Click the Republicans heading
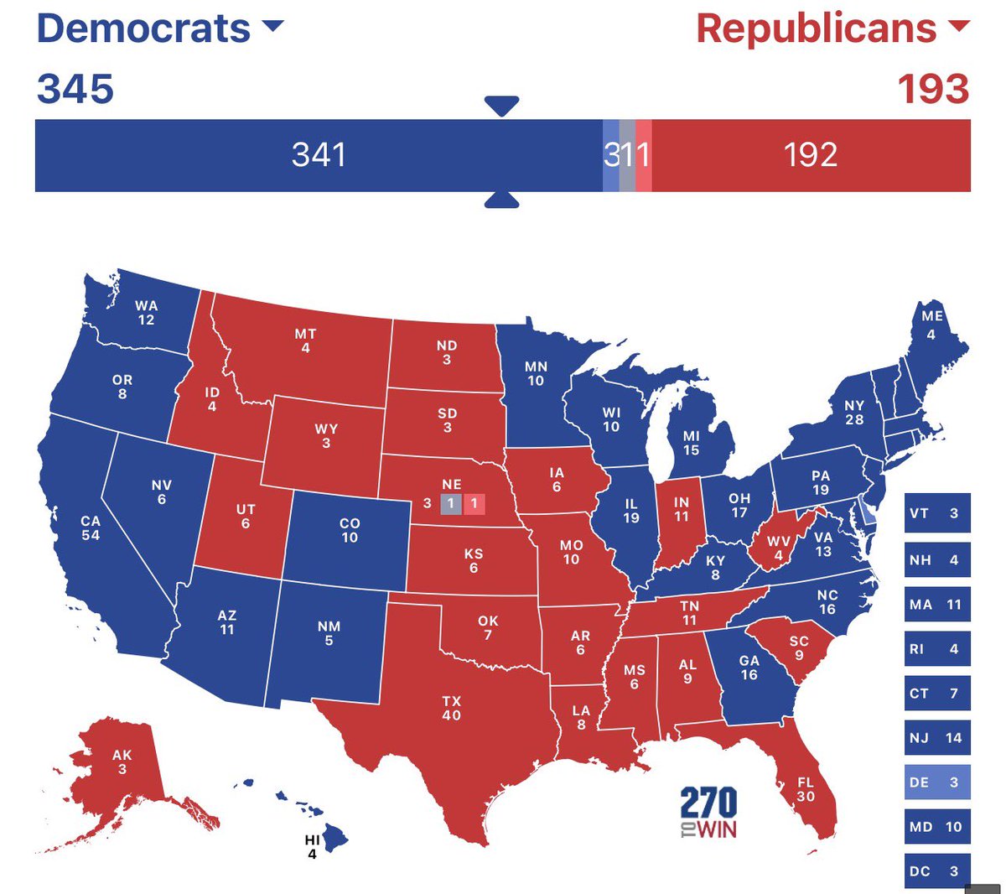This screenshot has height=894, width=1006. pos(817,29)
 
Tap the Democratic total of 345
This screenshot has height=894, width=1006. pos(75,89)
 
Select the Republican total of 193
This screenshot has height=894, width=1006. pos(933,89)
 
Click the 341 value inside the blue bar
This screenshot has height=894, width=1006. pos(319,155)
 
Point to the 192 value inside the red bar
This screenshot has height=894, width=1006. pos(811,155)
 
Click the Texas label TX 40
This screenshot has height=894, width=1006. pos(451,708)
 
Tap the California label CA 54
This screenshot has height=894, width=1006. pos(91,528)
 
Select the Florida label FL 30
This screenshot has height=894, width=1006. pos(806,789)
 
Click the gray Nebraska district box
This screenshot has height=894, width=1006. pos(450,504)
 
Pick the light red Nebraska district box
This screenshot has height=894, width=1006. pos(474,504)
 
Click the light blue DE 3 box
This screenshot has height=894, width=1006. pos(937,782)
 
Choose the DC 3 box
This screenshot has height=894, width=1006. pos(937,871)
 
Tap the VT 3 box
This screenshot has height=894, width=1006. pos(937,513)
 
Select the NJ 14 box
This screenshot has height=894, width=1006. pos(937,738)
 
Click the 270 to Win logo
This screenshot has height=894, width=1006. pos(708,812)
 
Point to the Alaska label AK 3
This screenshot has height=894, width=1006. pos(122,761)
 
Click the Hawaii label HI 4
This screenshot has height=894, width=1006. pos(312,847)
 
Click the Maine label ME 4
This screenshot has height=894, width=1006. pos(932,324)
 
